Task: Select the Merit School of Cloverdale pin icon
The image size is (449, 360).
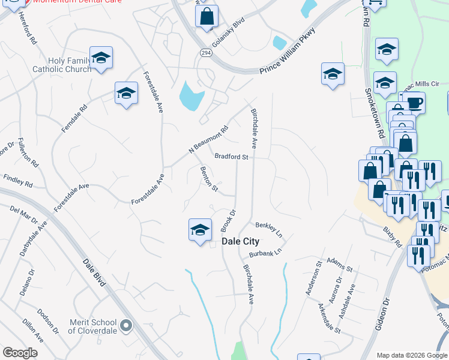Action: tap(125, 326)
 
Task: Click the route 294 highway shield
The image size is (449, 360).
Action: tap(206, 53)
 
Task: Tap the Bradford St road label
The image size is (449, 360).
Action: tap(232, 157)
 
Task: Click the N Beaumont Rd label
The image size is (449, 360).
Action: tap(209, 138)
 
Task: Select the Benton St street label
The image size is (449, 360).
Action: tap(208, 179)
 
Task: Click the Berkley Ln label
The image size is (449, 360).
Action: tap(269, 229)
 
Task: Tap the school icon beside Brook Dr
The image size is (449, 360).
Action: tap(200, 230)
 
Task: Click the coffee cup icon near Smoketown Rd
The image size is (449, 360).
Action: tap(414, 103)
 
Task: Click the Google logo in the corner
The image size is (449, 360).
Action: tap(20, 353)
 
